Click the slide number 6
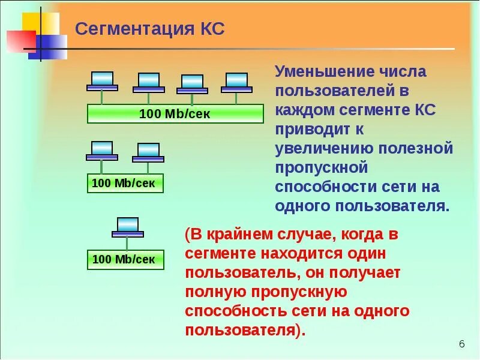pyautogui.click(x=461, y=344)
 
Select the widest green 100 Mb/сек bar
pyautogui.click(x=175, y=113)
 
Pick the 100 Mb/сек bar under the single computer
pyautogui.click(x=124, y=259)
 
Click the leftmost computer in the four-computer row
pyautogui.click(x=102, y=81)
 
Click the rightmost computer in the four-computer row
pyautogui.click(x=236, y=83)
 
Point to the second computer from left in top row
pyautogui.click(x=148, y=83)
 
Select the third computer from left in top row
pyautogui.click(x=192, y=84)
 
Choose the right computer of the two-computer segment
pyautogui.click(x=148, y=152)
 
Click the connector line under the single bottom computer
pyautogui.click(x=127, y=243)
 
